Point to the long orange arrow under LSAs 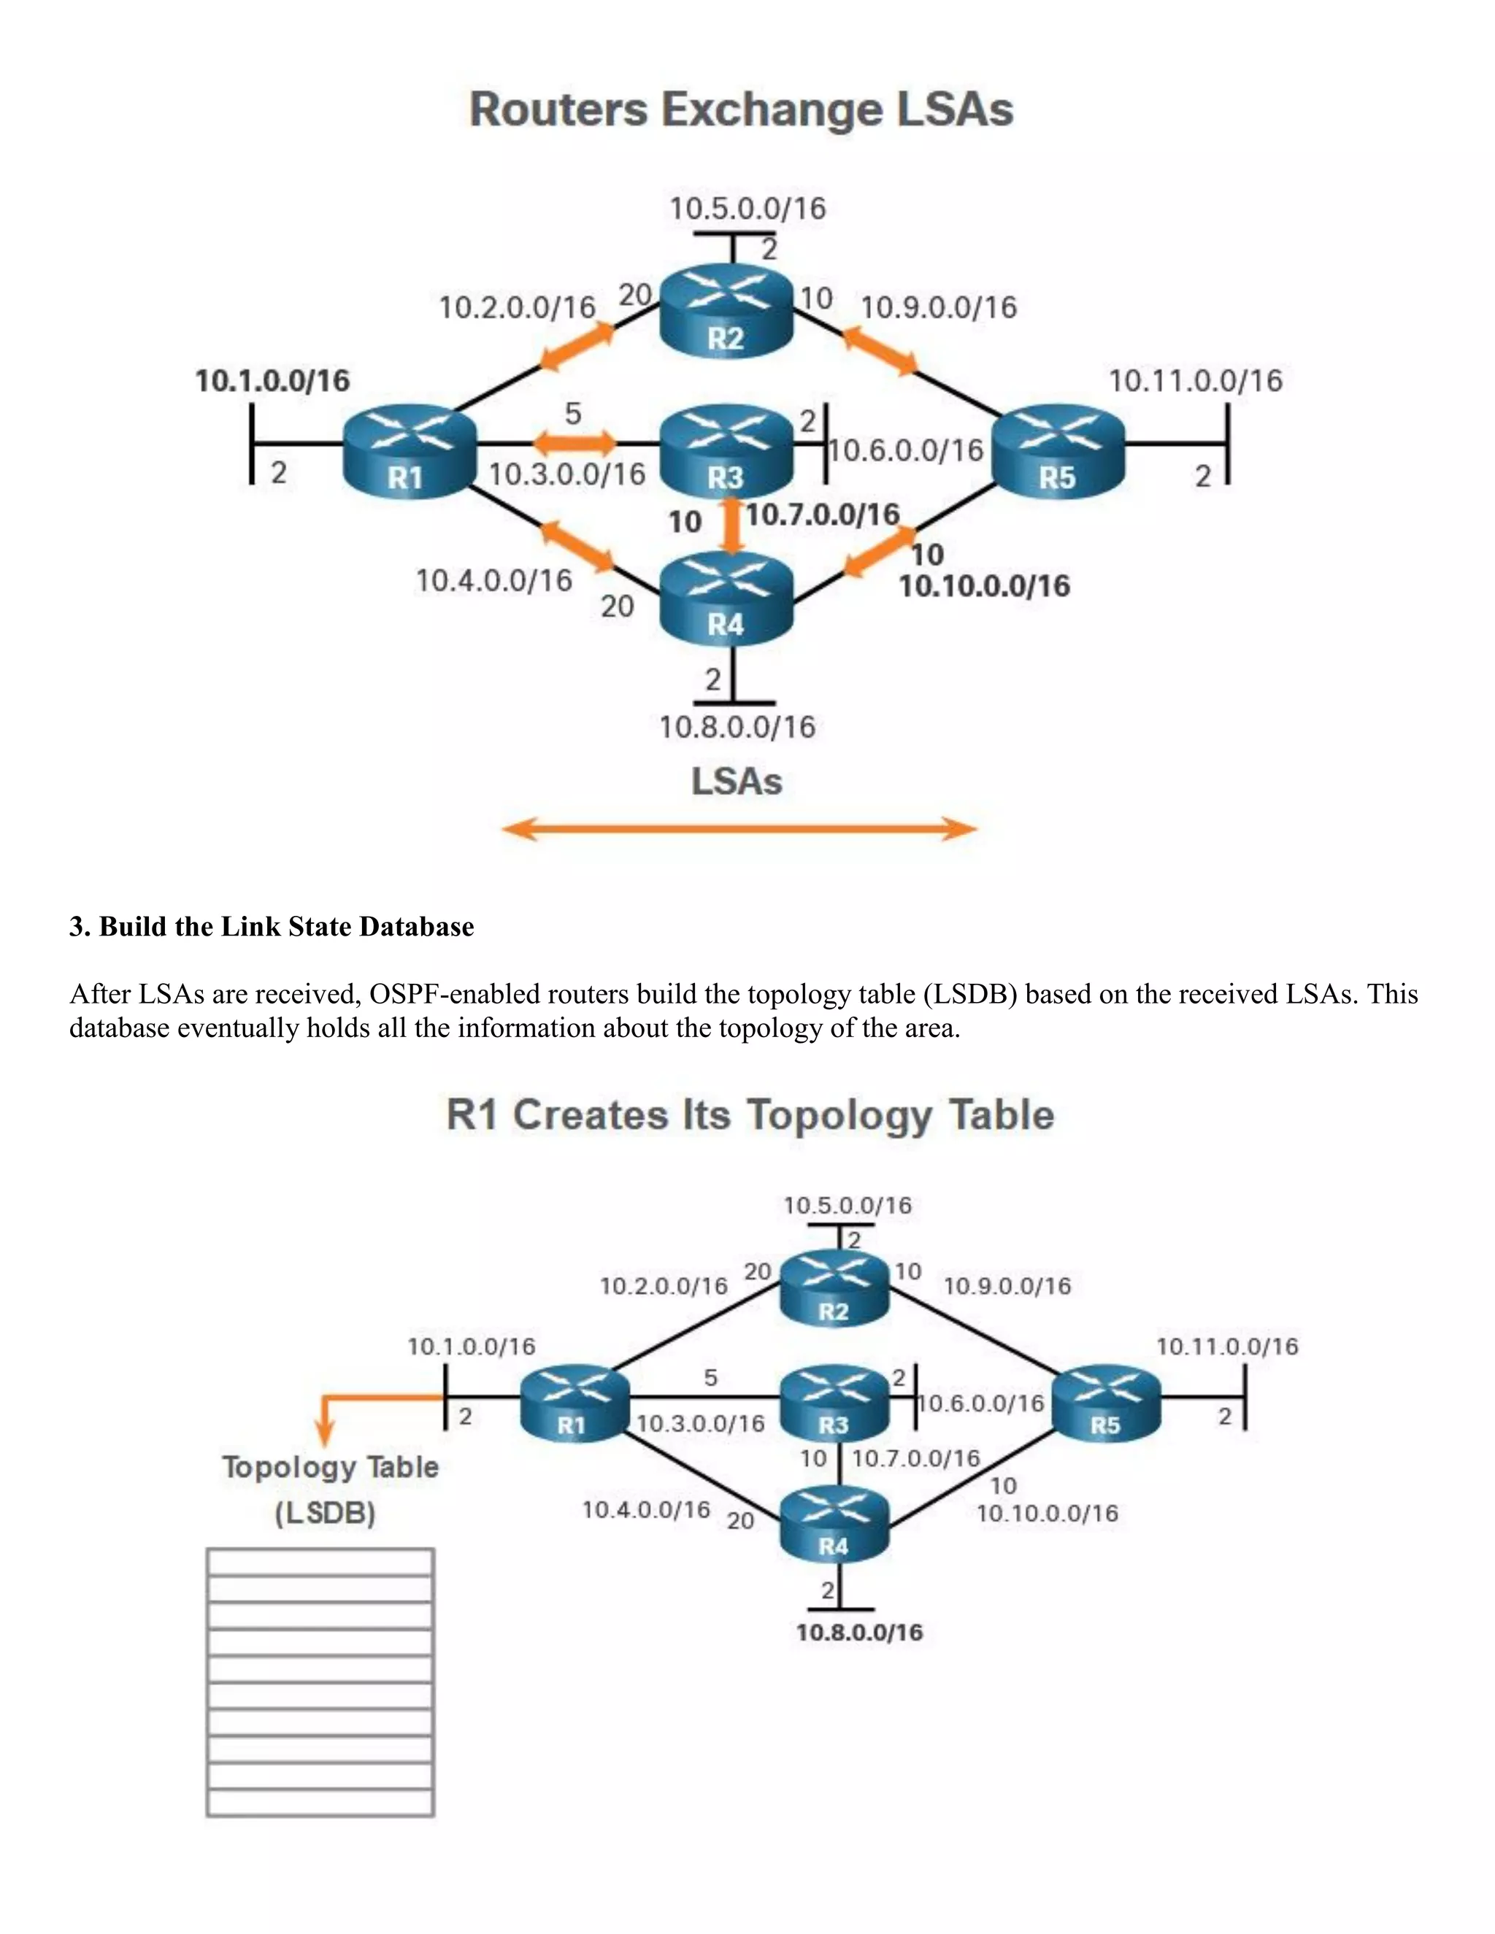point(739,830)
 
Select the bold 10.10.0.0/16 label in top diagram point(984,586)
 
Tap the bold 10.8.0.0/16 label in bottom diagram point(859,1632)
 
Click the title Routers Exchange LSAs point(740,109)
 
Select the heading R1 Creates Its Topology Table point(749,1115)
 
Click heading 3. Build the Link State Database point(272,926)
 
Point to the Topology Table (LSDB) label point(328,1490)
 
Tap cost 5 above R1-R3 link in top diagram point(573,414)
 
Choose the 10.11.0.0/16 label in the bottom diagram point(1226,1347)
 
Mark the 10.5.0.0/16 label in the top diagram point(747,209)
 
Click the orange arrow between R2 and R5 point(880,349)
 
